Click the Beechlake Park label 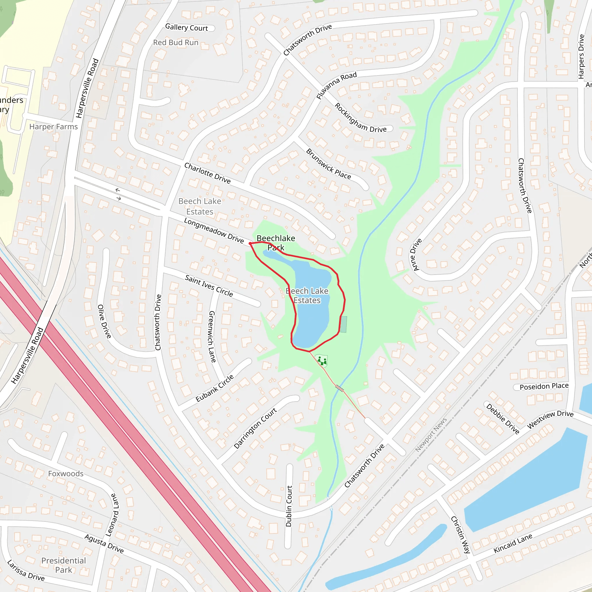click(276, 243)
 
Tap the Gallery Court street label click(186, 27)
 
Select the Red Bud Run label click(175, 42)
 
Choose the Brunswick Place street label click(328, 164)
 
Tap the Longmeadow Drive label click(214, 230)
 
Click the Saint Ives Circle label click(209, 286)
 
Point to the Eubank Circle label click(214, 388)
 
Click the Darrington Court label click(255, 428)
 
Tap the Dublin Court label click(289, 506)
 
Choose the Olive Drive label click(104, 321)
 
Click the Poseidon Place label click(544, 386)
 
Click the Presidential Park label click(64, 565)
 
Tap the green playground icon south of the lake click(321, 361)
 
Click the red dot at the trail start click(250, 243)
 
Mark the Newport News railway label click(431, 434)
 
